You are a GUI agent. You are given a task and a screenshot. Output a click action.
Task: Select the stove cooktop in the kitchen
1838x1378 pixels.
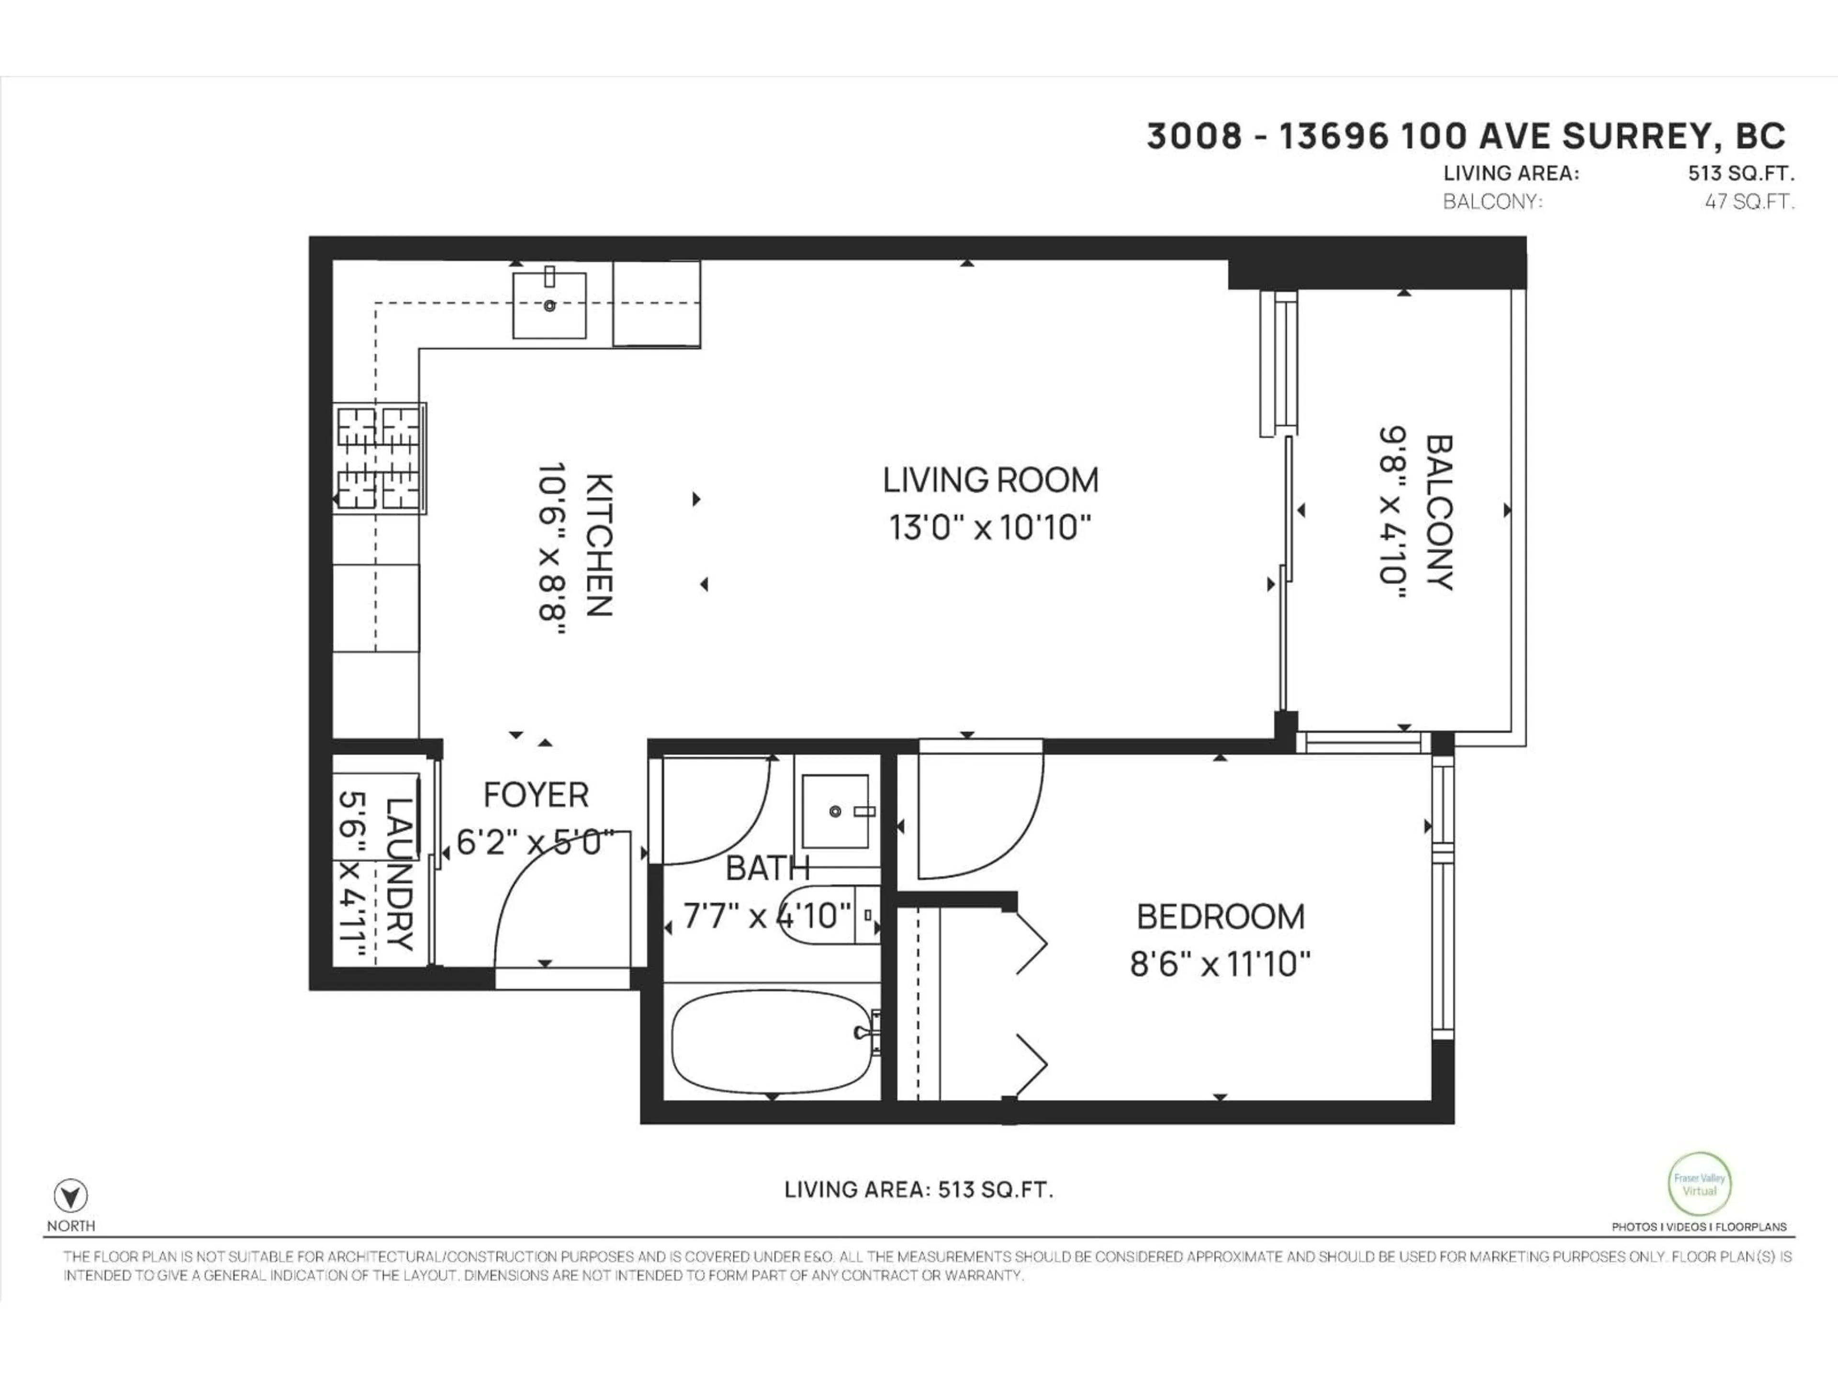[x=379, y=458]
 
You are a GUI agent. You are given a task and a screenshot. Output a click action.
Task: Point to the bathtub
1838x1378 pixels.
[x=772, y=1046]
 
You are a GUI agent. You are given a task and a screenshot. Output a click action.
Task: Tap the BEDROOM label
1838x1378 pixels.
[x=1220, y=917]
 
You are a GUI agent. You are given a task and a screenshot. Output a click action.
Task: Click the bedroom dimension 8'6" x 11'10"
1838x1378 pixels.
[x=1220, y=964]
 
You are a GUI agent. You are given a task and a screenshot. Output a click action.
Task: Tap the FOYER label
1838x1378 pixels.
[x=536, y=795]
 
